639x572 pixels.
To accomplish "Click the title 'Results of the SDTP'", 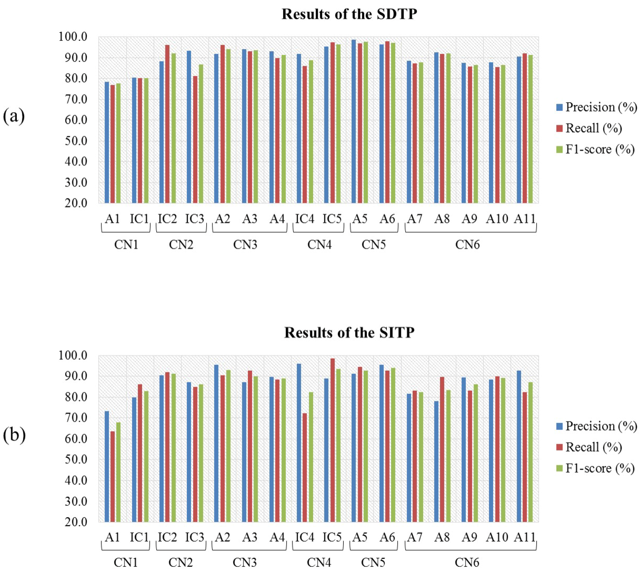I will [x=349, y=15].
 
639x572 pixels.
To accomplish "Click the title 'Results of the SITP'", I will [x=349, y=333].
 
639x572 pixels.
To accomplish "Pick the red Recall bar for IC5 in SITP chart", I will [x=332, y=440].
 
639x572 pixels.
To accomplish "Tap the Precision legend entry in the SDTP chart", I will [x=596, y=107].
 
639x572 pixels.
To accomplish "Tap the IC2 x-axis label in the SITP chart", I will [x=167, y=537].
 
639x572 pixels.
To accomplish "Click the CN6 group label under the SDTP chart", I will [x=467, y=244].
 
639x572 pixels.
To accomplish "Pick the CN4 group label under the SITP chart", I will [x=319, y=563].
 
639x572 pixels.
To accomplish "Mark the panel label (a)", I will [x=14, y=116].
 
